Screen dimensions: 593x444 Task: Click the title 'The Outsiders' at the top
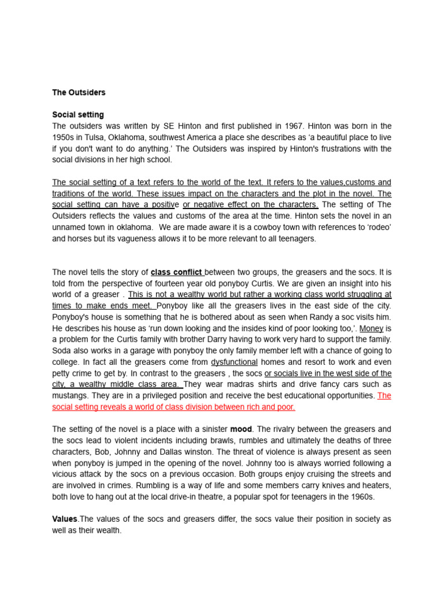(79, 92)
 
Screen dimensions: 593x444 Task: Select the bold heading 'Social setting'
(78, 115)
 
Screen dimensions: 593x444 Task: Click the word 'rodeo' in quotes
(377, 227)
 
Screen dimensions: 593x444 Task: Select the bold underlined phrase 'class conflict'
(177, 272)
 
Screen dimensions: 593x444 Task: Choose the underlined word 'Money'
(371, 328)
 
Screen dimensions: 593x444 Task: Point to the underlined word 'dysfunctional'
(234, 362)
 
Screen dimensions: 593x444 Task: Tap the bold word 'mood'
(240, 429)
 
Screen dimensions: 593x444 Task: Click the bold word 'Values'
(64, 519)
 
